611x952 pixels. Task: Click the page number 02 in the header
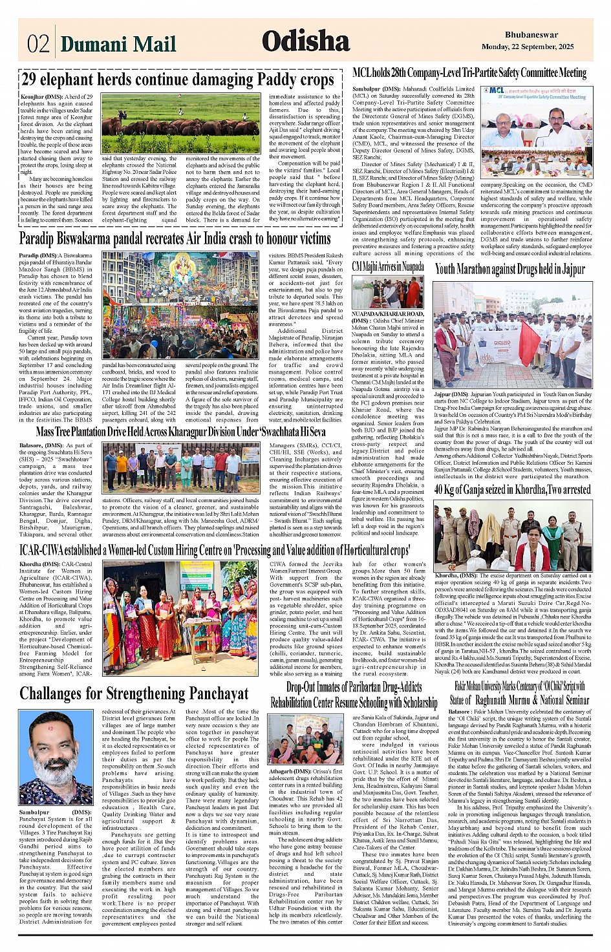click(38, 43)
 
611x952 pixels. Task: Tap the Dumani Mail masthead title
click(118, 43)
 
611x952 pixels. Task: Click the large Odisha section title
click(305, 41)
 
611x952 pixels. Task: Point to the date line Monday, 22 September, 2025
click(528, 47)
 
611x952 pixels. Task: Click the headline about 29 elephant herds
click(177, 79)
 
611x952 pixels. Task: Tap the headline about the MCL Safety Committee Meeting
click(469, 73)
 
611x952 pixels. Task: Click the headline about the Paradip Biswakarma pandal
click(175, 238)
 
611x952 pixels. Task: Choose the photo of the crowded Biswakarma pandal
click(180, 305)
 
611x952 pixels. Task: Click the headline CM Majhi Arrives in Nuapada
click(388, 266)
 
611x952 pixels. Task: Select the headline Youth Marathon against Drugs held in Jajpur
click(509, 269)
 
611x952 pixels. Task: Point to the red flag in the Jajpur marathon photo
click(528, 343)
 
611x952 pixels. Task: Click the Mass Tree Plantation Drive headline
click(180, 432)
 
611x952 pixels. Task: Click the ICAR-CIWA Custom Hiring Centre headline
click(215, 550)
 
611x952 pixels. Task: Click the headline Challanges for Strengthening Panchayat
click(134, 693)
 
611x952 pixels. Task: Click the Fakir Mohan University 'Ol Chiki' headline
click(520, 692)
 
